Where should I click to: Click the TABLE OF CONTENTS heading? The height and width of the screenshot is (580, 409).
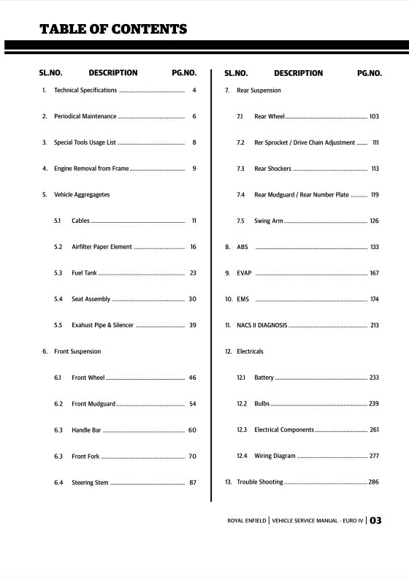point(113,29)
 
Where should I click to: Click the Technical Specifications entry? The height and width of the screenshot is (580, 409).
point(85,91)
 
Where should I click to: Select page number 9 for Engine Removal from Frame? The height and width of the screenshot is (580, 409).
point(194,169)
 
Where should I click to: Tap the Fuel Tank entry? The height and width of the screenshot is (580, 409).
point(84,273)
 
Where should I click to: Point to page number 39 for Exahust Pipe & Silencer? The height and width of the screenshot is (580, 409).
point(193,325)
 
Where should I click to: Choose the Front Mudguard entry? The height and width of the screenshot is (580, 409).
point(93,404)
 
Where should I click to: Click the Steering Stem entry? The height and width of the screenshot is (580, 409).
point(90,483)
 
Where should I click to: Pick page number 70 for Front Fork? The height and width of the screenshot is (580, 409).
point(192,457)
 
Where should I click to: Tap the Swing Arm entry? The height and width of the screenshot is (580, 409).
point(269,221)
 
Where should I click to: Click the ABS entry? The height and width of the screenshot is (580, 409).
point(242,248)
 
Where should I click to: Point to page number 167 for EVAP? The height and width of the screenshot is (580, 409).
point(374,273)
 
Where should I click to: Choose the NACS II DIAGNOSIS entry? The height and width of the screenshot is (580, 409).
point(262,326)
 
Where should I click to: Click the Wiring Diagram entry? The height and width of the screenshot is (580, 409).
point(275,457)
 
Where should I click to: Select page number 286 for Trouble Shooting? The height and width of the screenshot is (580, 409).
point(373,483)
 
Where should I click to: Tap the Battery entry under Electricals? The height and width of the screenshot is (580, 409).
point(264,378)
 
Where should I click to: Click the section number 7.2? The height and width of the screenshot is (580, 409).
point(240,143)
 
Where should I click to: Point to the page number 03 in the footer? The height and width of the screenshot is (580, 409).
point(375,521)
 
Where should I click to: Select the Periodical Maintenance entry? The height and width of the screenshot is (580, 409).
point(85,117)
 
